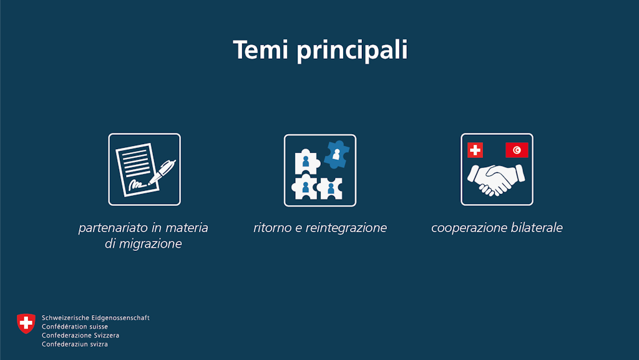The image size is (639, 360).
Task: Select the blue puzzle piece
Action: coord(337,154)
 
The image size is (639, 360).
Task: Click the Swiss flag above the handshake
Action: coord(475,150)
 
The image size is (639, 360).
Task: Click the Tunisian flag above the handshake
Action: coord(517,150)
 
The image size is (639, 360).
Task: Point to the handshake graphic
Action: coord(496,180)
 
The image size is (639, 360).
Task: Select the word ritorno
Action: coord(272,228)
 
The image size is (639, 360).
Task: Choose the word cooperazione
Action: coord(467,228)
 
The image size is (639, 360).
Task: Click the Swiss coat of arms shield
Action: coord(26,323)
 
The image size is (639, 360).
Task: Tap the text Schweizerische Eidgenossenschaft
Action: coord(95,318)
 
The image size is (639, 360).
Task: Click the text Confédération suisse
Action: coord(75,326)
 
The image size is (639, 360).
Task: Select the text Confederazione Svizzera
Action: coord(80,335)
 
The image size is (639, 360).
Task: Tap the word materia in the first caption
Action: coord(188,228)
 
